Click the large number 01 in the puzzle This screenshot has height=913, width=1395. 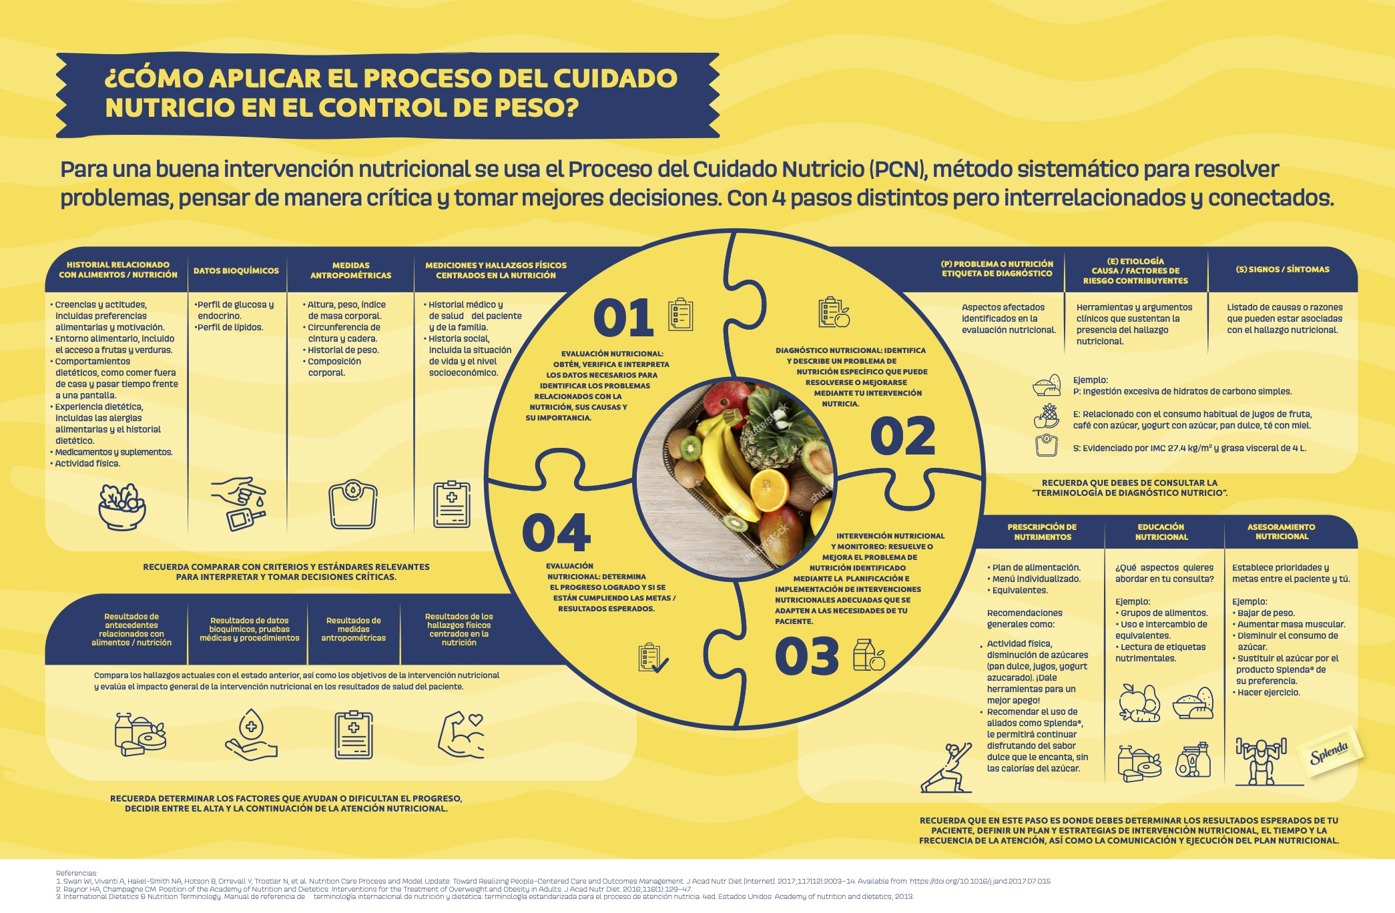(x=623, y=318)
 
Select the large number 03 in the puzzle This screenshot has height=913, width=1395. (x=806, y=656)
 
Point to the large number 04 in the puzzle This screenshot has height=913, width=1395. (x=556, y=533)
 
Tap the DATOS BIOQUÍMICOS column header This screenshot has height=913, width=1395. (x=236, y=270)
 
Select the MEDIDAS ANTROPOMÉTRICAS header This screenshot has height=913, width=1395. (x=350, y=270)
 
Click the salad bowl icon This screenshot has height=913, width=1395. (x=121, y=507)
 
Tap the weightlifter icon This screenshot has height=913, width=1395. (x=1260, y=761)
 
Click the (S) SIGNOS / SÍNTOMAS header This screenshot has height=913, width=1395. (x=1282, y=270)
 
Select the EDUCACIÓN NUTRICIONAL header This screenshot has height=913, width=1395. (x=1161, y=532)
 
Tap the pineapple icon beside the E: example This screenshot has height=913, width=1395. (x=1047, y=416)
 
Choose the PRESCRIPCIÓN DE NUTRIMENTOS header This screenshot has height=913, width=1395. (x=1042, y=532)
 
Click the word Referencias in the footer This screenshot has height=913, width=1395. (x=77, y=873)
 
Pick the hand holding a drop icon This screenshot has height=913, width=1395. (x=251, y=734)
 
